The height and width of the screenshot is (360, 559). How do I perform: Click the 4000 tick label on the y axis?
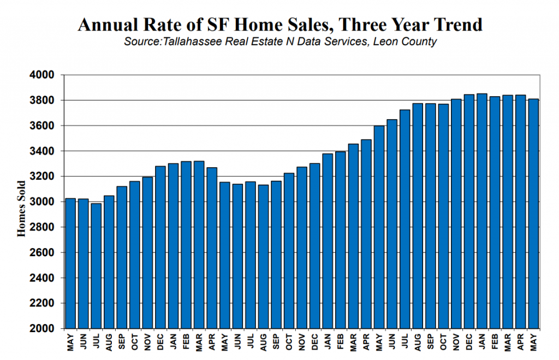(41, 75)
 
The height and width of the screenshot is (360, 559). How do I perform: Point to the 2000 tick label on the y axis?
(41, 328)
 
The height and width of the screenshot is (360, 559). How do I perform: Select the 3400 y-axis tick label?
(41, 151)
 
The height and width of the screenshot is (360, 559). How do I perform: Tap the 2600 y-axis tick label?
(41, 252)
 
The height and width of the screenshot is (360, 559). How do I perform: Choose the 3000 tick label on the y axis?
(41, 202)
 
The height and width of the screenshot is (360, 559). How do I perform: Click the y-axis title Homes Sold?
(21, 209)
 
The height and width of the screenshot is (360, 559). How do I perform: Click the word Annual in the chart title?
(108, 25)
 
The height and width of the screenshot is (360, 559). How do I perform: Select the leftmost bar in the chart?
(70, 263)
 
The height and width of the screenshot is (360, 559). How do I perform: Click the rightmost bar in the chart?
(533, 214)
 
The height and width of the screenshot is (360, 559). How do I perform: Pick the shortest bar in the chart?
(96, 266)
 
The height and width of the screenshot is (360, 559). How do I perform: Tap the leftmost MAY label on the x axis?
(70, 342)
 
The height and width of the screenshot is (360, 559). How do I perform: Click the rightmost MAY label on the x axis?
(533, 342)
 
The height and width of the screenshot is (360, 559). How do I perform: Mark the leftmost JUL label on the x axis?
(96, 341)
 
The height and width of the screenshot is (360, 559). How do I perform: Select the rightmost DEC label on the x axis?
(469, 342)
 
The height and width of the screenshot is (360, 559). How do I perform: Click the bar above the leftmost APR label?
(212, 248)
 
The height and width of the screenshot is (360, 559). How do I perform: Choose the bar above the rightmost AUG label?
(418, 216)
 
